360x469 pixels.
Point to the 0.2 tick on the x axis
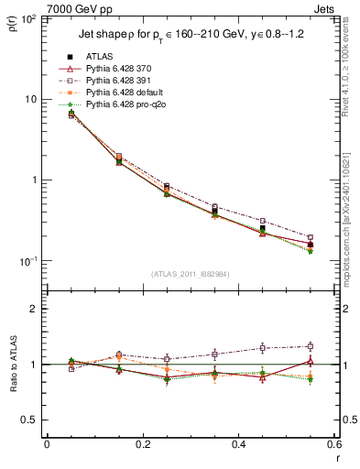pyautogui.click(x=142, y=445)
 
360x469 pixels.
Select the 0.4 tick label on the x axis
pyautogui.click(x=238, y=445)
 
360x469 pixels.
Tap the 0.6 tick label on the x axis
pyautogui.click(x=333, y=445)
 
